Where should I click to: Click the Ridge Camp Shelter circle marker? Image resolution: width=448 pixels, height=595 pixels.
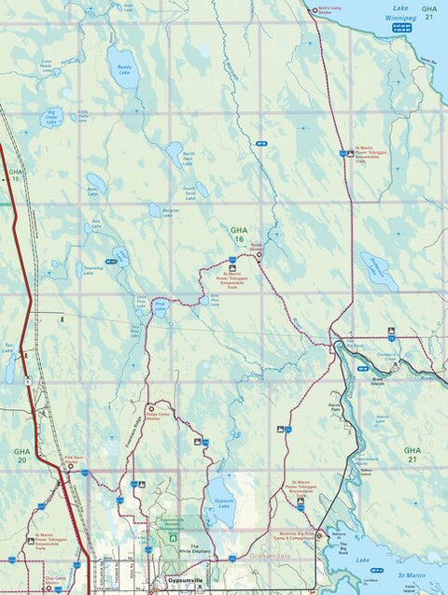click(x=150, y=408)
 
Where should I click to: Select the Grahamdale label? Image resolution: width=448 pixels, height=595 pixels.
click(x=272, y=554)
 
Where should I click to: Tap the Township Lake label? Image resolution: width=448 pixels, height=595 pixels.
click(x=95, y=268)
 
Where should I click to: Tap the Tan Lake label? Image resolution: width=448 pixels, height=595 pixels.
click(x=8, y=347)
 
